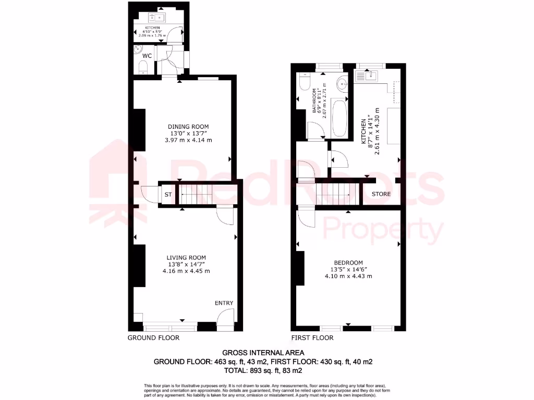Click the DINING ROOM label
coord(188,127)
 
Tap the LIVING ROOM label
coord(186,257)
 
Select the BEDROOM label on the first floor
coord(349,262)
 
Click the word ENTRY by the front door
coord(224,303)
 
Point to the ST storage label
coord(168,195)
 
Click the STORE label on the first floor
coord(381,194)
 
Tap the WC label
coord(147,55)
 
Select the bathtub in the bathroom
coord(338,116)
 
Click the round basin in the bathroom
coord(343,83)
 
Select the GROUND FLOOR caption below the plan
coord(153,337)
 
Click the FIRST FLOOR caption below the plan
coord(312,337)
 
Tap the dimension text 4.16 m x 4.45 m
coord(186,271)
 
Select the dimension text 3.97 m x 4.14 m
coord(188,140)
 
